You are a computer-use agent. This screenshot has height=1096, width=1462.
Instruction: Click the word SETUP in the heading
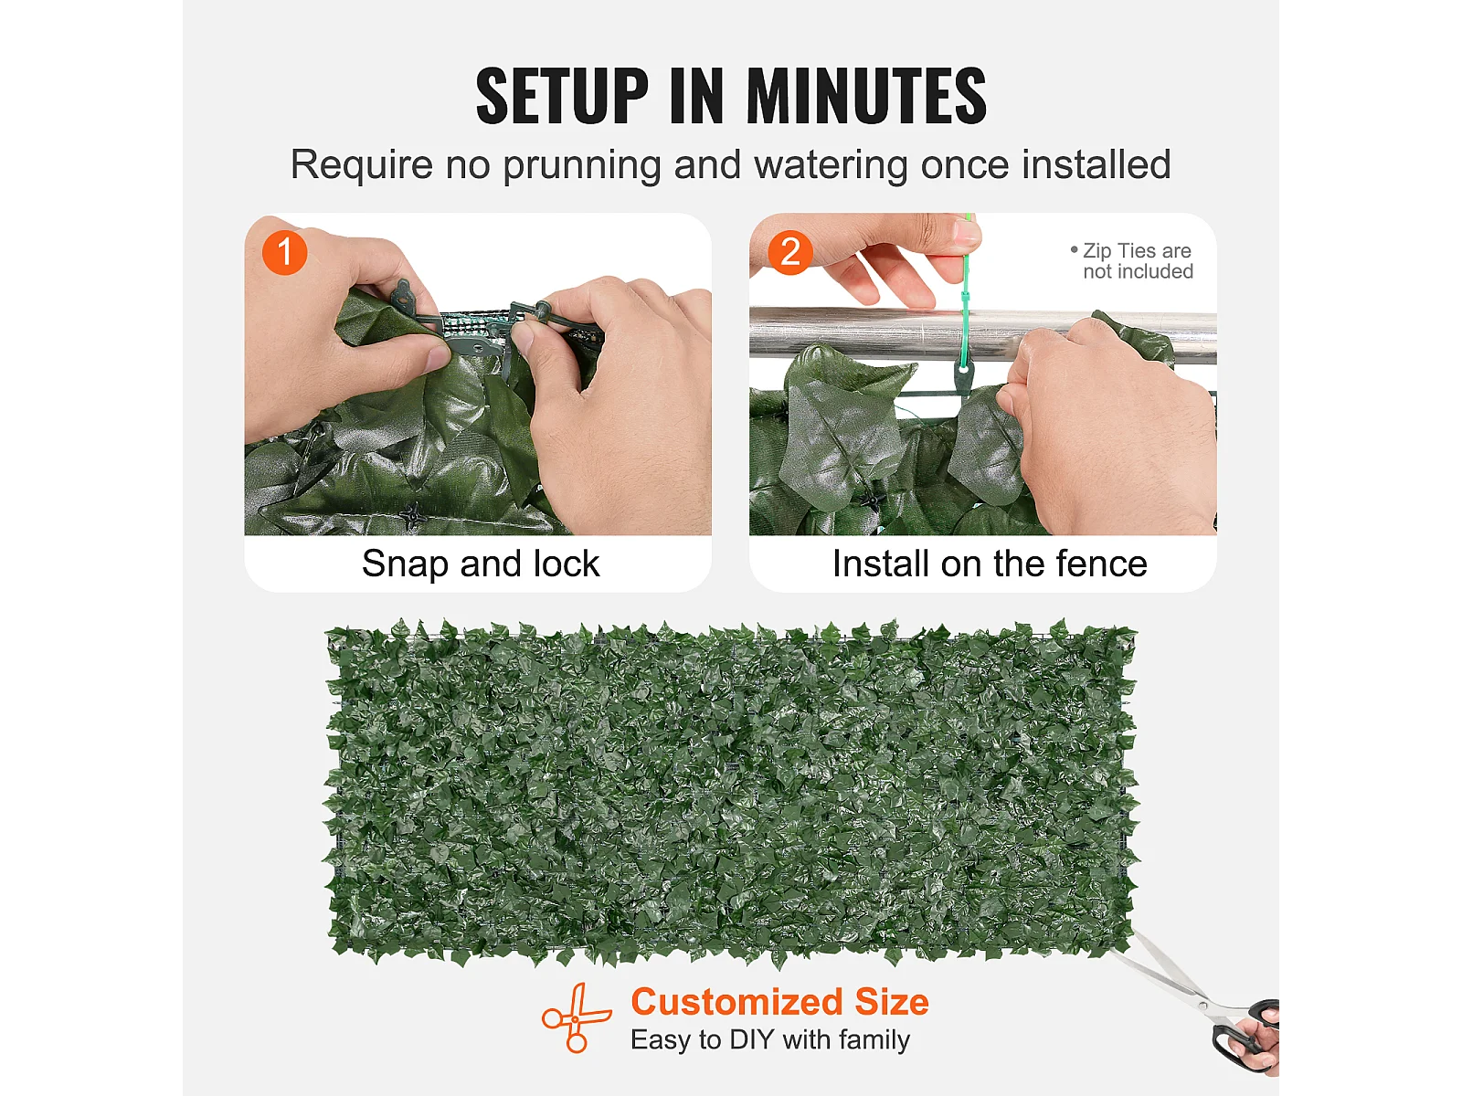coord(562,96)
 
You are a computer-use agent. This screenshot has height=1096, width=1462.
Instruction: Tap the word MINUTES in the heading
coord(866,96)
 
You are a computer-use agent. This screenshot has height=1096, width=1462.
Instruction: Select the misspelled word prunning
coord(581,165)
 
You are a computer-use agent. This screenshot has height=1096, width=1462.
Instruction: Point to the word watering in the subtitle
coord(831,165)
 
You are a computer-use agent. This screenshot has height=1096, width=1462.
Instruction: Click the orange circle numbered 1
coord(284,253)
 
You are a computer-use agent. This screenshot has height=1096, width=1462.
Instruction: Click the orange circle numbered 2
coord(790,253)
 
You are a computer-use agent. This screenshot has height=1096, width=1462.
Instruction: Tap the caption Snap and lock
coord(481,564)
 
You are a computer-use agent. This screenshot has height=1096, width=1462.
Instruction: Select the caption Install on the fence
coord(990,564)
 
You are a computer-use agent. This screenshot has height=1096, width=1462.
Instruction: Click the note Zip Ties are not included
coord(1132,261)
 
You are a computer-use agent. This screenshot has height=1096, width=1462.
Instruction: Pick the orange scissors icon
coord(576,1018)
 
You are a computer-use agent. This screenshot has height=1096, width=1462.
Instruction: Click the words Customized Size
coord(780,1002)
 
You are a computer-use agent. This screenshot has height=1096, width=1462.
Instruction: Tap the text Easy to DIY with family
coord(770,1040)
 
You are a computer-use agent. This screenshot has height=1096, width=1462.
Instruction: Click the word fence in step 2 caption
coord(1102,564)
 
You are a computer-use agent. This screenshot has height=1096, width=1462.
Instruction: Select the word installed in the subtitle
coord(1096,164)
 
